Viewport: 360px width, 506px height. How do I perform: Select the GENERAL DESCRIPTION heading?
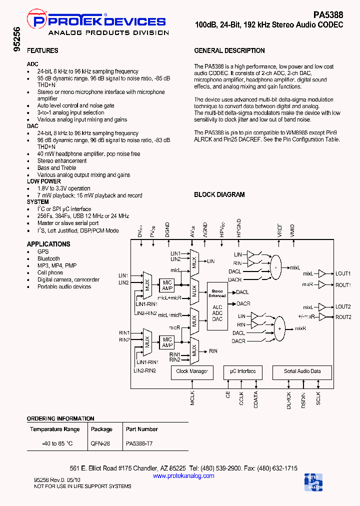pos(229,51)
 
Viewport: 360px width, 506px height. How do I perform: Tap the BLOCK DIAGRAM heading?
pos(219,194)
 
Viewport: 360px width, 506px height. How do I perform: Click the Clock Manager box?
pos(192,371)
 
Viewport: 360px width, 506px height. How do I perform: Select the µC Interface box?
pos(243,371)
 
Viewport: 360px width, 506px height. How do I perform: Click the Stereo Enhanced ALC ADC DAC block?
pos(217,304)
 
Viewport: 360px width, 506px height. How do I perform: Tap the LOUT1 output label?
pos(343,273)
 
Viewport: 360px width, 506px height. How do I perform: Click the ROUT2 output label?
pos(343,317)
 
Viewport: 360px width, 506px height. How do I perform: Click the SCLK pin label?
pos(318,398)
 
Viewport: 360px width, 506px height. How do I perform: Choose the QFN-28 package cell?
pos(101,443)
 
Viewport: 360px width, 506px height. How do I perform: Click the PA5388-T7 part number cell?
pos(139,443)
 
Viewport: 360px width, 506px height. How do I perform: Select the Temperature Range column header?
pos(55,429)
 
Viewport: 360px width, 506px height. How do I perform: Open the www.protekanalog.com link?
pos(183,476)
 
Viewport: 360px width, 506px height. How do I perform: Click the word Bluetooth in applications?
pos(48,259)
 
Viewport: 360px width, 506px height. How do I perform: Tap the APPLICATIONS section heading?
pos(48,244)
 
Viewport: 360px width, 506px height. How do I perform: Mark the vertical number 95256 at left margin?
pos(17,39)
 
